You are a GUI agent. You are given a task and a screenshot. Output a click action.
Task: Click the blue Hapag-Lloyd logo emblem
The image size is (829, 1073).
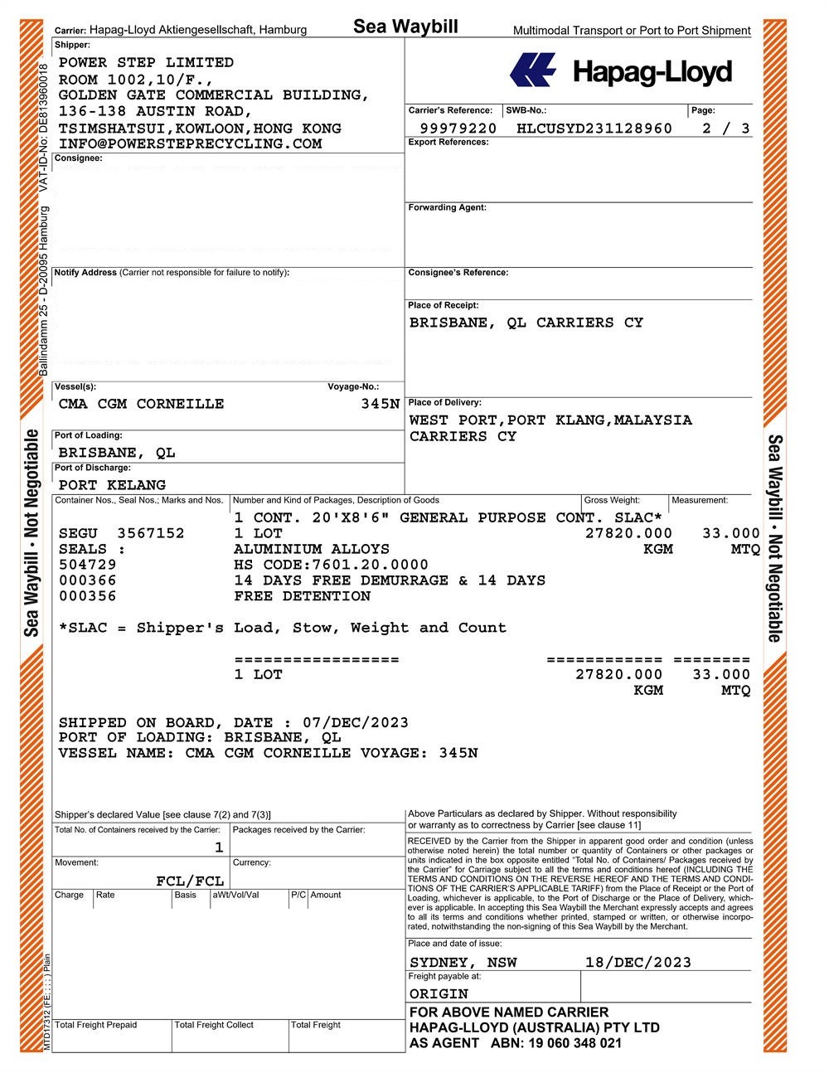point(533,70)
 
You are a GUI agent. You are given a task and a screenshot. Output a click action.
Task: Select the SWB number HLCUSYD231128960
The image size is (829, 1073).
point(594,129)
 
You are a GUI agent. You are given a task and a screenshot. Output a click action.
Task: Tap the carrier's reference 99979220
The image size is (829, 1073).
point(458,129)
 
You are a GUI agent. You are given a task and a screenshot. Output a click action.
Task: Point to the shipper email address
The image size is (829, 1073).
point(190,144)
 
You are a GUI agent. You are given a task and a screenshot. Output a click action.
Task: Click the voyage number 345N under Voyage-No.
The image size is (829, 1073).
point(381,404)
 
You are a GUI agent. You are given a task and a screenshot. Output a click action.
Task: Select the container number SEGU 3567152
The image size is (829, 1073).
point(122,533)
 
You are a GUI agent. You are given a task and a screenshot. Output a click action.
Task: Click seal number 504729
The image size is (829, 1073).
point(88,565)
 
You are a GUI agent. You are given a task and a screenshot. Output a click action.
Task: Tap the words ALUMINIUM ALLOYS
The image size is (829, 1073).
point(311,549)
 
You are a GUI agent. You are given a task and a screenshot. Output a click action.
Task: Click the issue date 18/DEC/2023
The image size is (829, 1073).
point(638,963)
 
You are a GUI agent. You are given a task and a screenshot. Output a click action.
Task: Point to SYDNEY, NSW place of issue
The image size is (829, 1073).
point(463,963)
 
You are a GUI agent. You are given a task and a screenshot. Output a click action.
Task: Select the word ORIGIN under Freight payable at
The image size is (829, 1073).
point(439,994)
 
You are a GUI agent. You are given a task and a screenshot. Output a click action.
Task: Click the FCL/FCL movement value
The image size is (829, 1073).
point(190,881)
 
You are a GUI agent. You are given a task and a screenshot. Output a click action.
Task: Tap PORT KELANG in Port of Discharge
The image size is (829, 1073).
point(112,485)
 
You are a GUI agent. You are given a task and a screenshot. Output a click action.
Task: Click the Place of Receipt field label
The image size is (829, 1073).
point(444,305)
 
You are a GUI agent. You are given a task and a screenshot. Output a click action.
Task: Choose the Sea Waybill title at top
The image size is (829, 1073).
point(405,27)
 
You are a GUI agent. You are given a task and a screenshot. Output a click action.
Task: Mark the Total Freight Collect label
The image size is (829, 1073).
point(214,1025)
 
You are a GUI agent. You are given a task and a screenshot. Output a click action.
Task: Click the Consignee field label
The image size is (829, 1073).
point(79,158)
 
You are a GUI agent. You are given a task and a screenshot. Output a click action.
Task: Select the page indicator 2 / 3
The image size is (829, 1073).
point(725,129)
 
